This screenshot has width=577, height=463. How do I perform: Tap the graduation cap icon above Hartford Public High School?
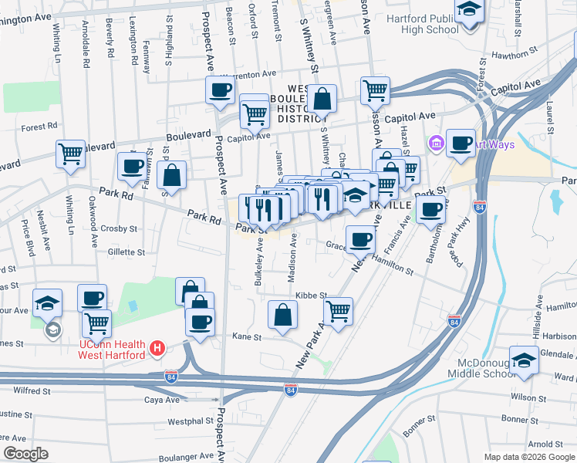tap(467, 12)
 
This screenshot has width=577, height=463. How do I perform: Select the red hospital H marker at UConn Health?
tap(157, 349)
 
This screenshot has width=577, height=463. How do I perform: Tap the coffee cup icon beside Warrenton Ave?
tap(220, 90)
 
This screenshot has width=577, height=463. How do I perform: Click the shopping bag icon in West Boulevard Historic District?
tap(322, 98)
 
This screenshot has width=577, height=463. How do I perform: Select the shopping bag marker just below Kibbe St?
tap(283, 314)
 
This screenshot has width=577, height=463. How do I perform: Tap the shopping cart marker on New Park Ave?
tap(337, 311)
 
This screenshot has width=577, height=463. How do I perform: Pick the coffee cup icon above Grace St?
tap(359, 238)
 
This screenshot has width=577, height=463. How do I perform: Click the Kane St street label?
tap(247, 337)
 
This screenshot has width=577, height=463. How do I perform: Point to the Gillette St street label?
tap(127, 252)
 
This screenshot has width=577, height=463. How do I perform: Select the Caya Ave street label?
tap(162, 400)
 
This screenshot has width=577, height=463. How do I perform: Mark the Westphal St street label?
tap(194, 421)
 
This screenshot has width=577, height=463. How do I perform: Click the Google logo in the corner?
tap(26, 454)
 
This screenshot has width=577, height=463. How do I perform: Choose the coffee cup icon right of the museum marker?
tap(461, 142)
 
